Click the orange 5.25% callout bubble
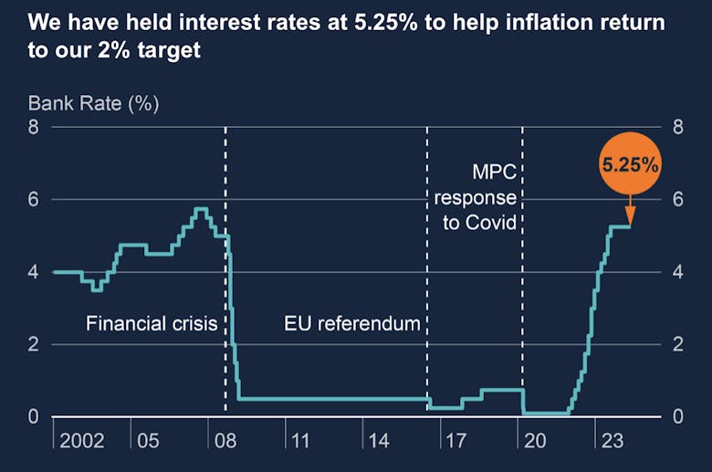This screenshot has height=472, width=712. (x=630, y=165)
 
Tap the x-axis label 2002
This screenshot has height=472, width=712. (x=82, y=442)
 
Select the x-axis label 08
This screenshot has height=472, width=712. (x=225, y=442)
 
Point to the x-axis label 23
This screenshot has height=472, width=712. (x=611, y=442)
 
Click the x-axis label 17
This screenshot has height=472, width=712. (x=456, y=442)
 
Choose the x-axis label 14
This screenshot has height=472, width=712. (x=379, y=442)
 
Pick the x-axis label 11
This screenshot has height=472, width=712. (x=302, y=442)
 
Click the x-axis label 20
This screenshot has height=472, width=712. (x=534, y=442)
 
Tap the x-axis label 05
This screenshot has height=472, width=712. (x=148, y=442)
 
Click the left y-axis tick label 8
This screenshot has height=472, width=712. (x=33, y=127)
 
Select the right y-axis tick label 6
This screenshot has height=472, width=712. (x=677, y=199)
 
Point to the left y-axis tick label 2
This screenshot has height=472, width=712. (x=33, y=344)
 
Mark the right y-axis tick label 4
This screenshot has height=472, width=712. (x=677, y=272)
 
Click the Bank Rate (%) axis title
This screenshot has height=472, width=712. (x=94, y=102)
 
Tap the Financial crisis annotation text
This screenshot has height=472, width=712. (x=152, y=323)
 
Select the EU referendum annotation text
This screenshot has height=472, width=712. (x=352, y=323)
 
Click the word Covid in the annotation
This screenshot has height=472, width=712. (x=492, y=222)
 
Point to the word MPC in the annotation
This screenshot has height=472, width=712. (x=494, y=172)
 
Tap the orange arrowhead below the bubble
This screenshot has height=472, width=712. (x=631, y=217)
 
